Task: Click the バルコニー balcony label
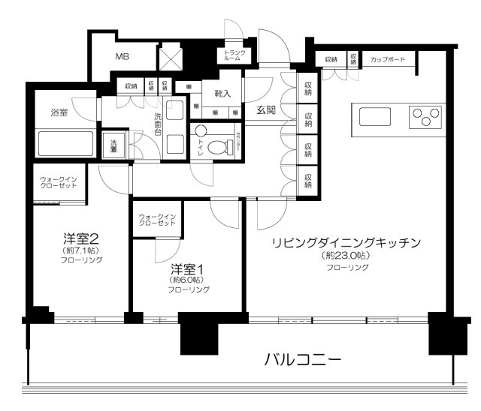tap(304, 358)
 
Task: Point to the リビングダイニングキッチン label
tap(345, 241)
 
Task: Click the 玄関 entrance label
tap(266, 110)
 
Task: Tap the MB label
tap(122, 56)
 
